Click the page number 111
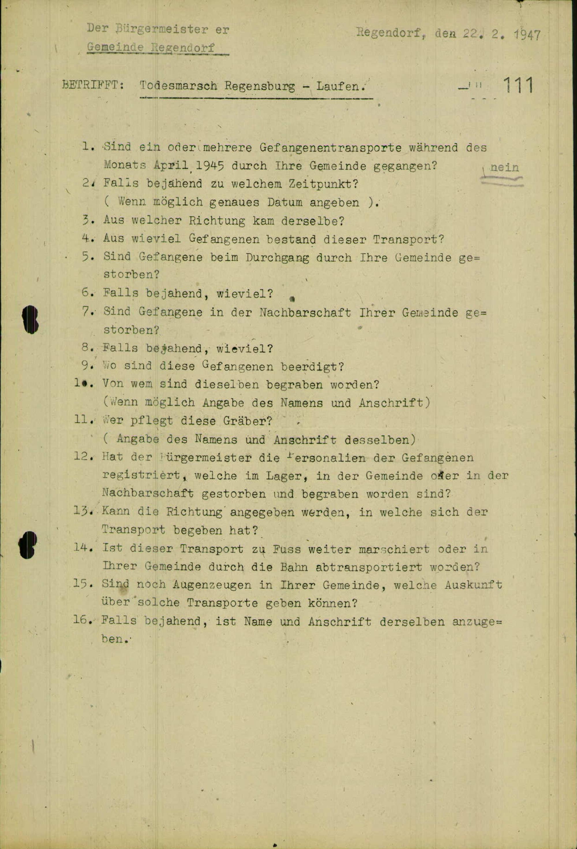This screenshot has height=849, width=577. [518, 85]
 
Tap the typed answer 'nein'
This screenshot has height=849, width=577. [504, 167]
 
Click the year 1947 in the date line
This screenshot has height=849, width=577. [527, 35]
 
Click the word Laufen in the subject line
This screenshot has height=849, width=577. [340, 86]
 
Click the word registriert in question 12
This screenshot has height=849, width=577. [141, 475]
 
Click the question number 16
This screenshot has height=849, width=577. [81, 621]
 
